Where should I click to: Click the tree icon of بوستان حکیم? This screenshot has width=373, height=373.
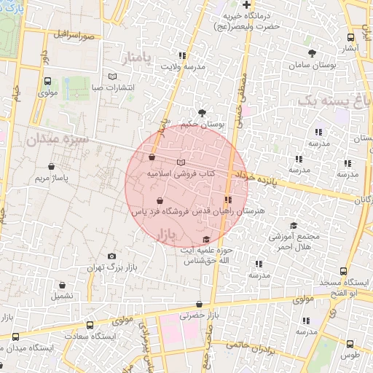pyautogui.click(x=202, y=112)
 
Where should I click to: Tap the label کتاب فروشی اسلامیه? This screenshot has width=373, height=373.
pyautogui.click(x=181, y=174)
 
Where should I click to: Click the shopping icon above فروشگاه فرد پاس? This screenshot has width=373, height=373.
pyautogui.click(x=160, y=200)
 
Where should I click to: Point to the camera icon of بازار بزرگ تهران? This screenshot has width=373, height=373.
pyautogui.click(x=111, y=256)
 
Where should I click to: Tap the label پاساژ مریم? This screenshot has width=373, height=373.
pyautogui.click(x=52, y=178)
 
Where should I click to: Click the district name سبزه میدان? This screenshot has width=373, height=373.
pyautogui.click(x=57, y=138)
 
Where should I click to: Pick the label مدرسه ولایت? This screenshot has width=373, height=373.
pyautogui.click(x=181, y=67)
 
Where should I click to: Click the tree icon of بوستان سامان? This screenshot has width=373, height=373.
pyautogui.click(x=313, y=52)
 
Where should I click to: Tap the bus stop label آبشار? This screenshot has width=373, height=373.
pyautogui.click(x=350, y=49)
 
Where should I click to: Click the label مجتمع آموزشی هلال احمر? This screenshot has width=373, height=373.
pyautogui.click(x=294, y=242)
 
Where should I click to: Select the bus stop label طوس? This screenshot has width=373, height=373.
pyautogui.click(x=350, y=355)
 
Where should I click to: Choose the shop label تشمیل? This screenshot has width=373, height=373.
pyautogui.click(x=61, y=297)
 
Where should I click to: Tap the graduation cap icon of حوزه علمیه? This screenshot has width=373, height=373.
pyautogui.click(x=206, y=239)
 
